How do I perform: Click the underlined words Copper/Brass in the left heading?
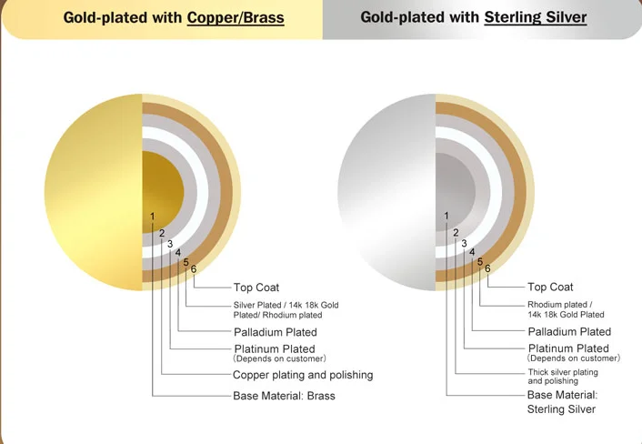[x=236, y=17]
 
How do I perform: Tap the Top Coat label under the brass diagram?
[x=256, y=288]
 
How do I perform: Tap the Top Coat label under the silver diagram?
[x=550, y=288]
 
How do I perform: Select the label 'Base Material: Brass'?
[x=284, y=396]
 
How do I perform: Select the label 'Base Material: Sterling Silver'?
[x=562, y=402]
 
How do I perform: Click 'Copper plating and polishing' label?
[x=303, y=375]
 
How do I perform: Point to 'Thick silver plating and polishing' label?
[x=563, y=377]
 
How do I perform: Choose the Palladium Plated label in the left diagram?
[x=276, y=331]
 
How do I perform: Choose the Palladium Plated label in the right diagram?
[x=569, y=331]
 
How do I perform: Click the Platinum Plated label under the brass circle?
[x=275, y=348]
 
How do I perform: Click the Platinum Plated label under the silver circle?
[x=568, y=348]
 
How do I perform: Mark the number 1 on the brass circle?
[x=153, y=216]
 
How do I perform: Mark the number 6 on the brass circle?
[x=194, y=268]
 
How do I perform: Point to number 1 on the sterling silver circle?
[x=446, y=216]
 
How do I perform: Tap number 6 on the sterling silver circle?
[x=487, y=268]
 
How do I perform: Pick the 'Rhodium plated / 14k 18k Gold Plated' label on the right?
[x=566, y=309]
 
